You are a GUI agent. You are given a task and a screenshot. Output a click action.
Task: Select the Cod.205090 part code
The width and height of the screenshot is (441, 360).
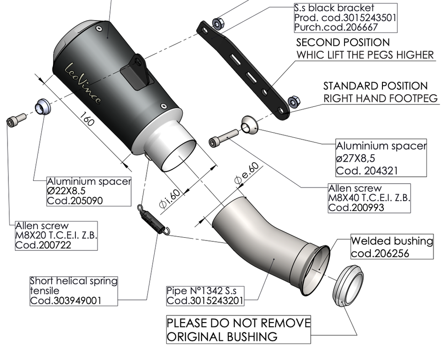coord(75,201)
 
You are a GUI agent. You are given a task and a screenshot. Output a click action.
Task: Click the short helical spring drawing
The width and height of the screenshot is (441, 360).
coord(152,219)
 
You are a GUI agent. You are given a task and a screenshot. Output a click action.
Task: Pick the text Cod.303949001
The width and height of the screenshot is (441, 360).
coord(65,301)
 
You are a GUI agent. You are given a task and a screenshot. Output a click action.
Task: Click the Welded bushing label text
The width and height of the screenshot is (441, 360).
coord(392,241)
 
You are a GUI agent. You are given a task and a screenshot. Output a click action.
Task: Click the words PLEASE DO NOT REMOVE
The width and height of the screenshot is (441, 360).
coord(239,323)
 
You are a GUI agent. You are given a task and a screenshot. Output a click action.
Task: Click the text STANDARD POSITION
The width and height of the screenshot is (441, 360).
coord(375,86)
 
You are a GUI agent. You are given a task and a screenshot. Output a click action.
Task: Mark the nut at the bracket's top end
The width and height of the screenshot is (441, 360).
coord(217,23)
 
